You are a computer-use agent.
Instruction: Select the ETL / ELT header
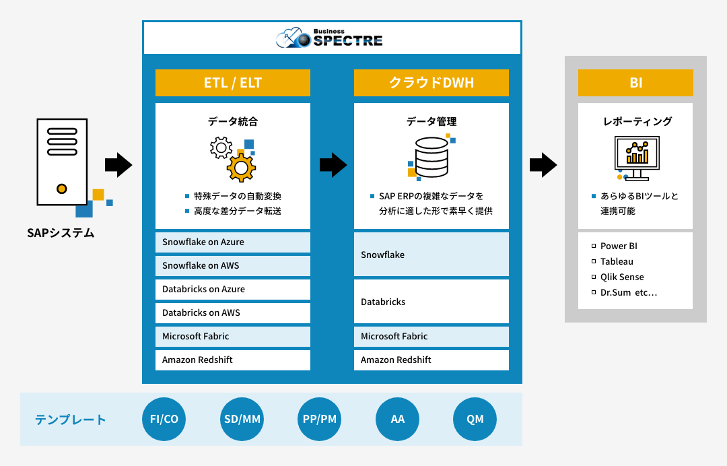point(233,83)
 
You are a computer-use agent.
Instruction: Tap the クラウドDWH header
point(431,83)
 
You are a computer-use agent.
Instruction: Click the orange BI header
point(635,83)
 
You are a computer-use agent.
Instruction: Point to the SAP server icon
point(62,162)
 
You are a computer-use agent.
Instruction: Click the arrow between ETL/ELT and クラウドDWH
point(333,164)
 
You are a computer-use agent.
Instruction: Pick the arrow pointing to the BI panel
point(543,164)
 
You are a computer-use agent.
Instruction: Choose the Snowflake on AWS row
point(233,265)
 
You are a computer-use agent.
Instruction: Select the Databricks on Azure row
point(233,289)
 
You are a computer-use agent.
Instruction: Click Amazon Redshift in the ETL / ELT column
point(233,360)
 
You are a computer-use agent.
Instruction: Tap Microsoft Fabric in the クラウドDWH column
point(431,336)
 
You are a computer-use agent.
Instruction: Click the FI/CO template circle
point(164,419)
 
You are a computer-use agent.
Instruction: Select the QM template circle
point(475,419)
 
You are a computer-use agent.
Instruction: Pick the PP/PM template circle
point(320,419)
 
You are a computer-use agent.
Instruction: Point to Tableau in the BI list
point(617,261)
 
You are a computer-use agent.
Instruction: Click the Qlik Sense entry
point(622,277)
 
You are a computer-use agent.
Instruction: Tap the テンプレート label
point(71,420)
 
